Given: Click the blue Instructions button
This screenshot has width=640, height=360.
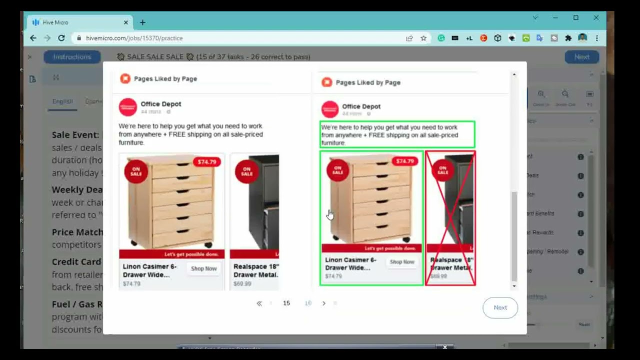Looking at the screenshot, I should tap(72, 57).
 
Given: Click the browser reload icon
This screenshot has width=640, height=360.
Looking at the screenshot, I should tap(61, 38).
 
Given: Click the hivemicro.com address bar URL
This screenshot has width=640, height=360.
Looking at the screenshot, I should tap(134, 38).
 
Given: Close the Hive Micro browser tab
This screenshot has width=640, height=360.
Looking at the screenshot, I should tap(125, 22).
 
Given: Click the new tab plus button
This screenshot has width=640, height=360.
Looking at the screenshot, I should tap(142, 22).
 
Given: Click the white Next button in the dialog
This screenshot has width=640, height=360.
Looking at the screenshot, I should tap(500, 307).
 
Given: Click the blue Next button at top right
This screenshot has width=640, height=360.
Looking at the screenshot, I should tap(581, 57).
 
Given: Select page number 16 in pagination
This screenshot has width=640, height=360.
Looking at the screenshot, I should tap(308, 303).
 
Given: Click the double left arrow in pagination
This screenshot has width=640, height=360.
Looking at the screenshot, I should tap(259, 303).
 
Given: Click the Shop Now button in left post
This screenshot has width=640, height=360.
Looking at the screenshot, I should tap(203, 268).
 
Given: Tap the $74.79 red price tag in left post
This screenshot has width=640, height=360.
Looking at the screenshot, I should tap(206, 162).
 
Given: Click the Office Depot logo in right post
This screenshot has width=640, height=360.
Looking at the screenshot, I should tap(330, 109).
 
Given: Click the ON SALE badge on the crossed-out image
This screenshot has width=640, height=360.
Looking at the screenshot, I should tap(442, 170).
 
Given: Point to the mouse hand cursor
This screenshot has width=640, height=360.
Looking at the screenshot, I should tap(330, 214).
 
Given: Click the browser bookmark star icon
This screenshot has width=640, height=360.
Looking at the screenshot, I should tap(423, 38).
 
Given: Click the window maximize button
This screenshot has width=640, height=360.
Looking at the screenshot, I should tap(575, 17).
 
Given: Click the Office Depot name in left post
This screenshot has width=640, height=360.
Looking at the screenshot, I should tap(161, 104).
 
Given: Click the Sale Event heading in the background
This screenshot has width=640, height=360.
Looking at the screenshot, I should tap(75, 135).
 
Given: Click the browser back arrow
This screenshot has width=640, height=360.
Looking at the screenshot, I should tap(33, 38).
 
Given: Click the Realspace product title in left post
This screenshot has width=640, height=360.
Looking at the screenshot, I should tap(255, 270).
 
